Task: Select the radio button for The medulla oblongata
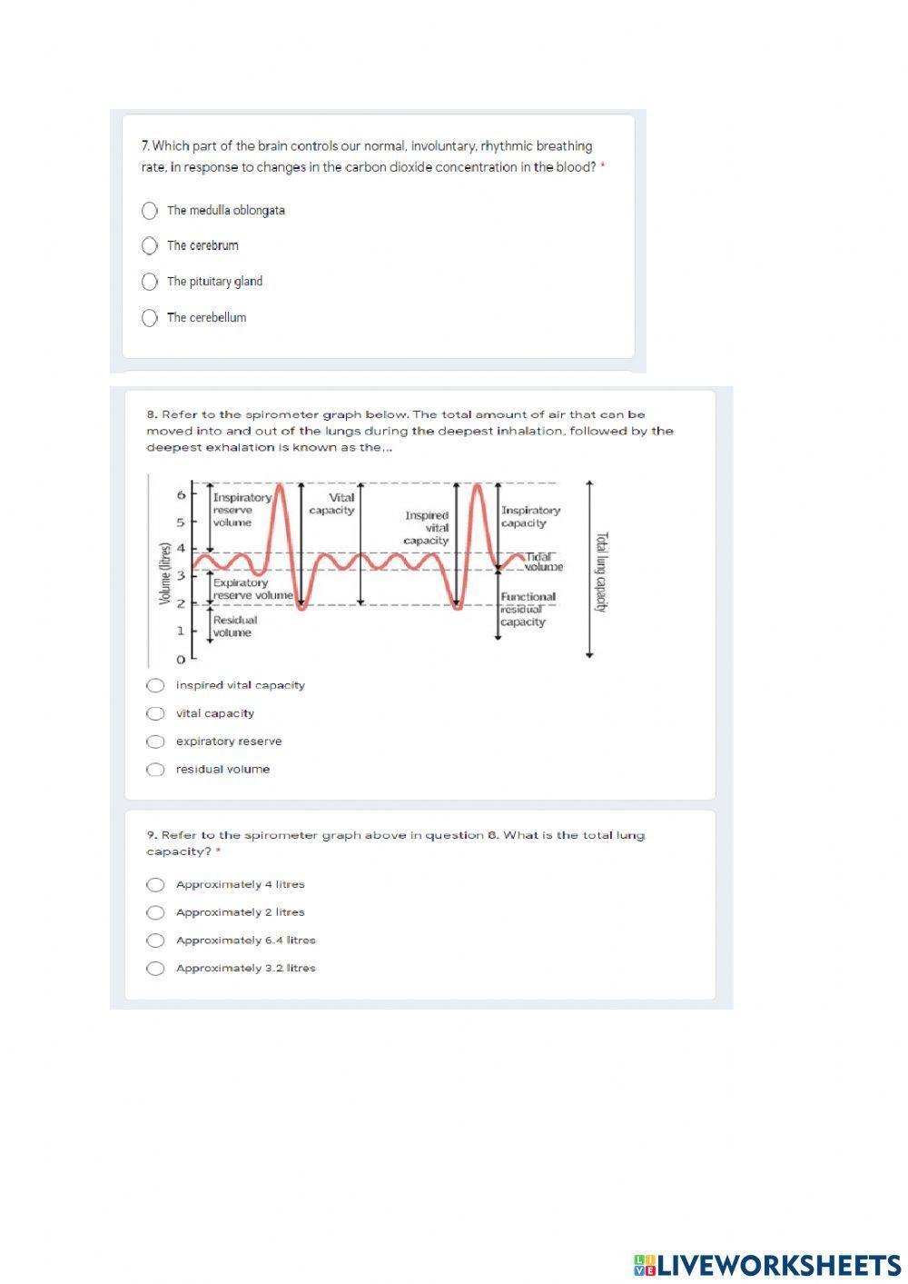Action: pos(150,211)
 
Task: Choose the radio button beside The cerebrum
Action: pos(150,245)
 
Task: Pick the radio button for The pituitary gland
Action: pos(150,282)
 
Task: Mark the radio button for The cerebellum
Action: pos(150,318)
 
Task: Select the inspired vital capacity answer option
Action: pos(156,685)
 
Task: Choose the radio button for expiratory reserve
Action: pos(156,742)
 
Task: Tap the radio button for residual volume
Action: pos(156,770)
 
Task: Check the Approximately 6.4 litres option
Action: pos(156,941)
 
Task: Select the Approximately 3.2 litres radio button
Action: pos(156,969)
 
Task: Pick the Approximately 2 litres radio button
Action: pos(156,912)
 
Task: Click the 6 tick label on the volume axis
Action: pos(181,495)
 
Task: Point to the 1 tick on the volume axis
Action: pos(181,631)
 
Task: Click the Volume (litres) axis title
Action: pos(165,573)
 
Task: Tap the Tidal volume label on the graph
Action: pos(542,562)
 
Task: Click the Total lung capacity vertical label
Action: pos(600,572)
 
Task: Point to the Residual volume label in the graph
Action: pos(234,626)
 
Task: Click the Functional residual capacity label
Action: pos(527,609)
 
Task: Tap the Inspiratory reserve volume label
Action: pos(241,510)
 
